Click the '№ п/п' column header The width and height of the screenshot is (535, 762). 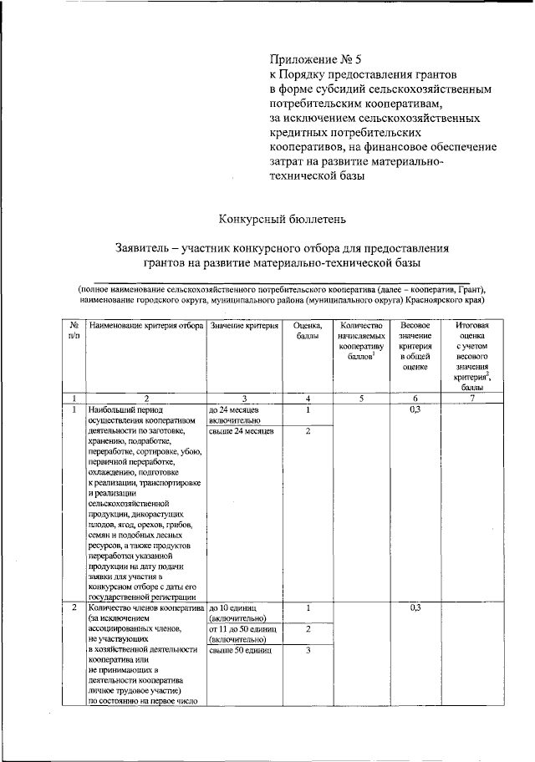(74, 330)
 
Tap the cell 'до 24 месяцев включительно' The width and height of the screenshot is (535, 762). (237, 415)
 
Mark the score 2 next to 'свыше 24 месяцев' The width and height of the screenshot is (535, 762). (308, 431)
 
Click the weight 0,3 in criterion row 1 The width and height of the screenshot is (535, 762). (415, 410)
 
